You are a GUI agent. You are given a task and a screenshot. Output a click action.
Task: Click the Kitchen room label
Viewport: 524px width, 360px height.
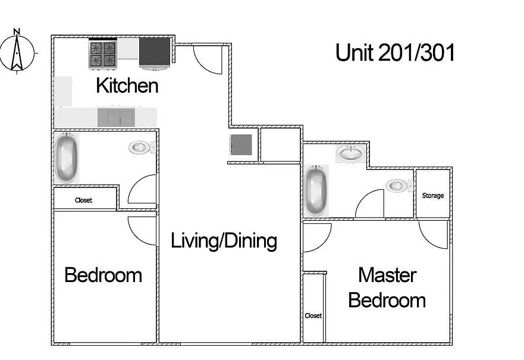(x=127, y=86)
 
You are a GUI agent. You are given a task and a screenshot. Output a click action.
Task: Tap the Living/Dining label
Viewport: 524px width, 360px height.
(x=224, y=240)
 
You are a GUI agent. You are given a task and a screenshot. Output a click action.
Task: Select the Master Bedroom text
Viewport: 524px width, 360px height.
(x=387, y=287)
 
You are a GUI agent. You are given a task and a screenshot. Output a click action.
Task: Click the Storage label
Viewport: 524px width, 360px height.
(x=433, y=196)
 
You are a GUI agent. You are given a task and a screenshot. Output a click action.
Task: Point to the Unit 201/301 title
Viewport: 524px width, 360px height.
(x=395, y=53)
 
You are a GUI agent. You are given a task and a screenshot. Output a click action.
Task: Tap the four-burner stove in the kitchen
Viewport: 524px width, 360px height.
(x=103, y=55)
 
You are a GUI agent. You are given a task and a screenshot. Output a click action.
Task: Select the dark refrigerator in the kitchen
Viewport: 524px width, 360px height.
(x=155, y=54)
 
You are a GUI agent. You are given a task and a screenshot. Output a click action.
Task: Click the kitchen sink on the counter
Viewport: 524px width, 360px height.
(x=117, y=117)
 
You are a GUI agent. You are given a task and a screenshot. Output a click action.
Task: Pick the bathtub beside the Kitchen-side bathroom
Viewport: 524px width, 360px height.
(x=67, y=158)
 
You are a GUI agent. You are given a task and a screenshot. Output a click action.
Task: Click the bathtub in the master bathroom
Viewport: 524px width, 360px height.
(x=316, y=190)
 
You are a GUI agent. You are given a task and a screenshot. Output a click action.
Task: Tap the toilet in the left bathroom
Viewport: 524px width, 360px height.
(x=142, y=147)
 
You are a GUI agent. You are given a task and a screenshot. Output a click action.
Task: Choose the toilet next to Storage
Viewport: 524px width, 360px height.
(x=399, y=186)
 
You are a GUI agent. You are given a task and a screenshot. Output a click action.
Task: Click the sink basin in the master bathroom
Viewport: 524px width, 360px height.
(x=350, y=154)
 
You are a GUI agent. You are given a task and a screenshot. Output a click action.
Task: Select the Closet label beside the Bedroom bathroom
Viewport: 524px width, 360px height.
(x=83, y=200)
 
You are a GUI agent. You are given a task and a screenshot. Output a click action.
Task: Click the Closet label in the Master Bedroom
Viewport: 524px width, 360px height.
(x=313, y=315)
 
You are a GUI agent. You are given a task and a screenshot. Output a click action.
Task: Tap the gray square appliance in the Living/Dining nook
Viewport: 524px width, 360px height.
(x=241, y=145)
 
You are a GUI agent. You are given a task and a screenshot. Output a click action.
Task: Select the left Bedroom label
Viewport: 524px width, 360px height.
(x=103, y=275)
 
